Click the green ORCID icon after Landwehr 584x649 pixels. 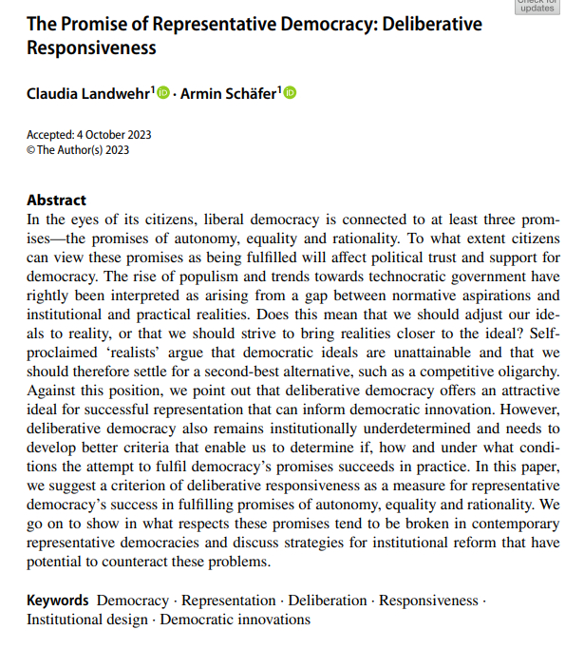click(162, 93)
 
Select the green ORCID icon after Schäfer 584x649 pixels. click(290, 93)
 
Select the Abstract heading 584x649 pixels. click(56, 200)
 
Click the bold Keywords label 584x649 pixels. click(58, 601)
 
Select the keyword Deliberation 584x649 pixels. click(328, 601)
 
